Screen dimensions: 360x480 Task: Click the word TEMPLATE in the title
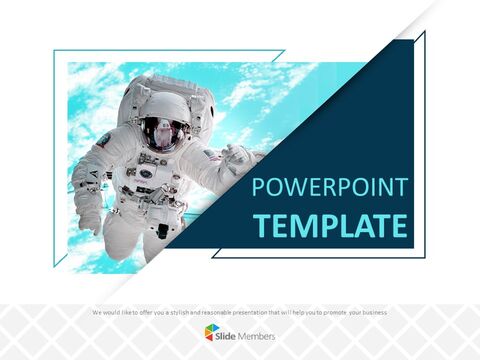(x=329, y=225)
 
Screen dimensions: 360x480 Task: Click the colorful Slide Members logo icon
(x=212, y=332)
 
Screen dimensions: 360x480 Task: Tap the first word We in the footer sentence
(x=96, y=313)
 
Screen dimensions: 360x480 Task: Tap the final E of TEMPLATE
(x=399, y=225)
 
